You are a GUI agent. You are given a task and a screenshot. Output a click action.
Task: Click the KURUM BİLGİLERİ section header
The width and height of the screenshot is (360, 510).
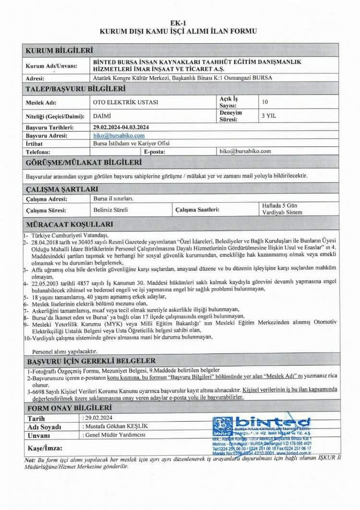point(59,50)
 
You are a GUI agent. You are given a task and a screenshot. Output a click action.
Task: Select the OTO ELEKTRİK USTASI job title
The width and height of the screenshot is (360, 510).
point(125,102)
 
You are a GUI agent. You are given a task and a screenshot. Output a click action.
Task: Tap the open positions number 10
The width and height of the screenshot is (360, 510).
point(265,102)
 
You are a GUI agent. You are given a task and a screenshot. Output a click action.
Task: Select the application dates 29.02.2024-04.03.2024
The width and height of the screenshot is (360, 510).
point(121,128)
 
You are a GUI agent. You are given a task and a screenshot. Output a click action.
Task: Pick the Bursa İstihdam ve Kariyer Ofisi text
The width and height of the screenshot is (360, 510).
point(131,144)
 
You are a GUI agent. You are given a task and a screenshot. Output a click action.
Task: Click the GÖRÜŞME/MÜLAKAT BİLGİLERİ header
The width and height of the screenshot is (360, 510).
point(84,163)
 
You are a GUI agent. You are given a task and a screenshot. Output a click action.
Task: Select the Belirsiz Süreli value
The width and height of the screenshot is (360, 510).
point(111,210)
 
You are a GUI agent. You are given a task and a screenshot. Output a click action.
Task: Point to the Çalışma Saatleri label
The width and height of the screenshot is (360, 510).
point(197,210)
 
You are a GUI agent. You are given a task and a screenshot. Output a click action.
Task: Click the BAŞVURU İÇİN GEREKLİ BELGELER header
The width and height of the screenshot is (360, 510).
point(91,361)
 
